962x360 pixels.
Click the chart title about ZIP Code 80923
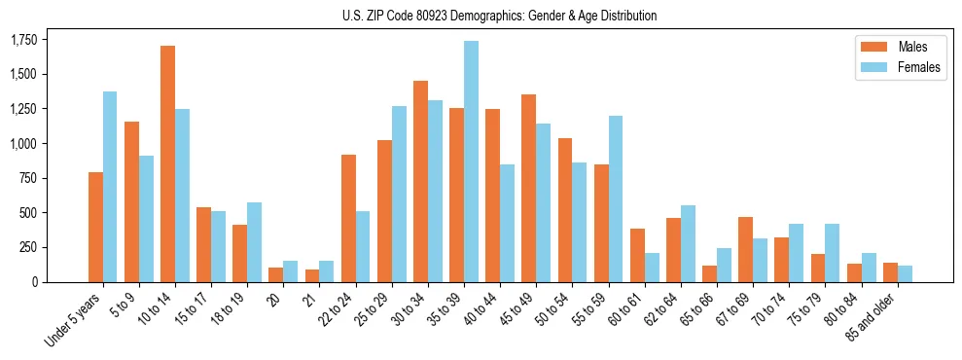tap(499, 16)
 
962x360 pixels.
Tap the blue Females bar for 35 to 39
tap(471, 162)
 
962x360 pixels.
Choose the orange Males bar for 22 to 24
tap(348, 218)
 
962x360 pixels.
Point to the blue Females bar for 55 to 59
tap(615, 198)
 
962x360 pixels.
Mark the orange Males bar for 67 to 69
tap(745, 249)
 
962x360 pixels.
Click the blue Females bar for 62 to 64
tap(688, 243)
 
